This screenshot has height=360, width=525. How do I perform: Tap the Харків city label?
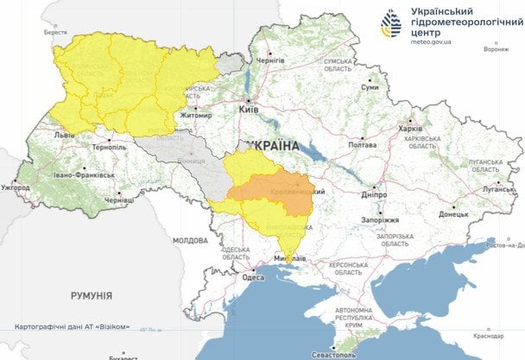[x=410, y=129]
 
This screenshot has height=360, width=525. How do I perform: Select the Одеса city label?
[x=252, y=277]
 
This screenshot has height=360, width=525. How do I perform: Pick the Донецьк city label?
[x=452, y=213]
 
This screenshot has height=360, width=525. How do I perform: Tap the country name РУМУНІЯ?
[x=91, y=296]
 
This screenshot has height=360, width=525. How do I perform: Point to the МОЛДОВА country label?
[x=189, y=241]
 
